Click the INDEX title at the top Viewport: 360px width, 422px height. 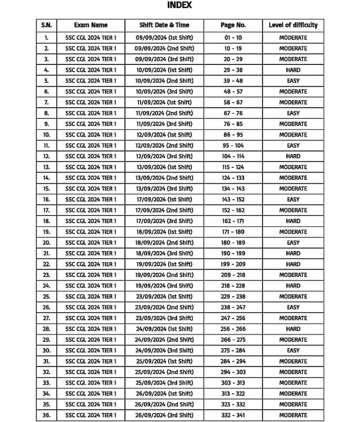[x=179, y=5]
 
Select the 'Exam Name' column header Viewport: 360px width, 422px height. [x=91, y=25]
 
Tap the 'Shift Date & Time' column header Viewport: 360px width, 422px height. [x=164, y=25]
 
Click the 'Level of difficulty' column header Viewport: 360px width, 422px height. [x=293, y=25]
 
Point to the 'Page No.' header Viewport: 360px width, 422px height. [x=233, y=25]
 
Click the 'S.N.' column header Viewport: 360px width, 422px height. [x=46, y=25]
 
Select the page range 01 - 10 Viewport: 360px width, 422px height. [x=233, y=37]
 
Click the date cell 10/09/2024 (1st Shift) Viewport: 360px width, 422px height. [x=164, y=70]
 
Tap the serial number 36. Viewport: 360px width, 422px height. [x=46, y=415]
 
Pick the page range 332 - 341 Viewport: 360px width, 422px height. [x=233, y=415]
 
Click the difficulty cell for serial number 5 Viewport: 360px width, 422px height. [x=293, y=81]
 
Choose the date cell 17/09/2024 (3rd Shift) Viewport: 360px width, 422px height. [x=164, y=221]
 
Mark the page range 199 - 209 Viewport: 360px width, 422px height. [x=233, y=264]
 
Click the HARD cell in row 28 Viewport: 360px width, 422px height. [x=293, y=329]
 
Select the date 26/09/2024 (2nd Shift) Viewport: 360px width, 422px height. [x=164, y=405]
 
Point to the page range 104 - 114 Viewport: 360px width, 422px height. [x=233, y=156]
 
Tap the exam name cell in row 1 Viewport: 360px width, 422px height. [x=91, y=37]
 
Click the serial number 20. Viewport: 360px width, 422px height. [x=46, y=243]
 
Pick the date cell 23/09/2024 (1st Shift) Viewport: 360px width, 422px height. [x=164, y=296]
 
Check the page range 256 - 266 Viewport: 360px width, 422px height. [x=233, y=329]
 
